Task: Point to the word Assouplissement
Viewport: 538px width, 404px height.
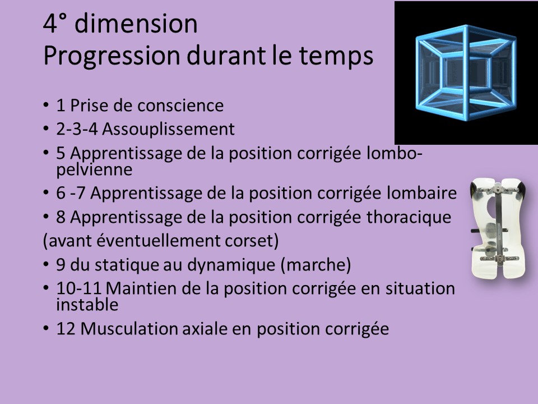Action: tap(168, 130)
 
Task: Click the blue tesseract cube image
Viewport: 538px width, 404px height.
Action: tap(466, 72)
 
